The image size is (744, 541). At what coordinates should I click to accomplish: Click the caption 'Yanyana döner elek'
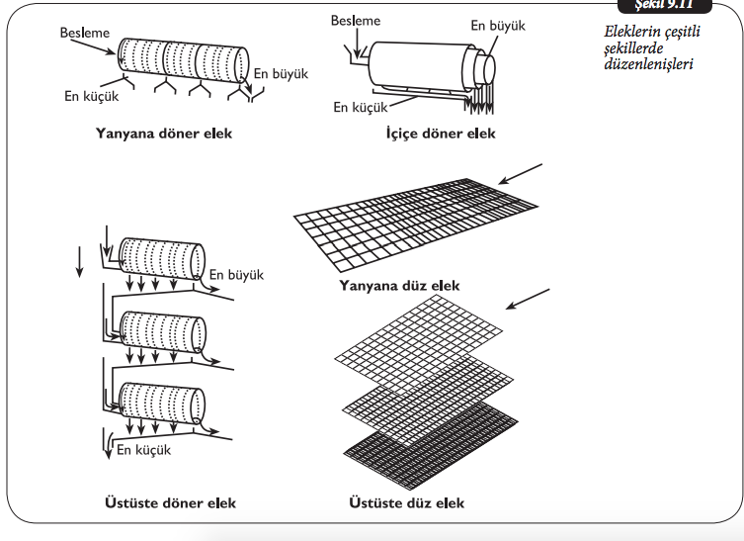pyautogui.click(x=164, y=133)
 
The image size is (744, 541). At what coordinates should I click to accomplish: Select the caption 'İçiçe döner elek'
pyautogui.click(x=441, y=133)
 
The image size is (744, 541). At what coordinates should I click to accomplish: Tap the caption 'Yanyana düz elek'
pyautogui.click(x=399, y=286)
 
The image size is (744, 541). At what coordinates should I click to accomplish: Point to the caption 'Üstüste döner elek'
pyautogui.click(x=170, y=502)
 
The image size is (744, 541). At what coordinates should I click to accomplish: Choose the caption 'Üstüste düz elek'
pyautogui.click(x=406, y=502)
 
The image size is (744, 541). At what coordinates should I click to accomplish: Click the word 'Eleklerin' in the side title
pyautogui.click(x=633, y=33)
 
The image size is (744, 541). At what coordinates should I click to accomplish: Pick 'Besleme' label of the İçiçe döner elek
pyautogui.click(x=355, y=20)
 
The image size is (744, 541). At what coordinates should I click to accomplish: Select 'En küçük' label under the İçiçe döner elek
pyautogui.click(x=360, y=107)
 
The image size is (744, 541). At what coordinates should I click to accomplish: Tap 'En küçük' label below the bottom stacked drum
pyautogui.click(x=144, y=449)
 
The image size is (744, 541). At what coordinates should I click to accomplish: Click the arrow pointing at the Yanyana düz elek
pyautogui.click(x=521, y=174)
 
